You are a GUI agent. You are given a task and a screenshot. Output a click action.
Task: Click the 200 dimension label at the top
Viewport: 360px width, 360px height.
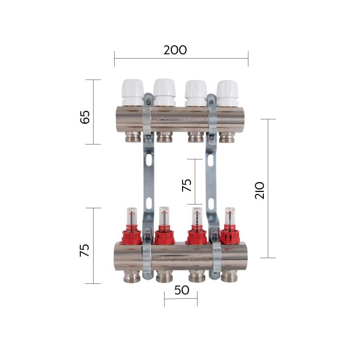[x=175, y=50]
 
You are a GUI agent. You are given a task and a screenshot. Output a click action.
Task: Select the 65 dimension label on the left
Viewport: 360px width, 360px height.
[x=85, y=116]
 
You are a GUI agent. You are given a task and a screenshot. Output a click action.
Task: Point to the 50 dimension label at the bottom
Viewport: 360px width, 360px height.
[x=182, y=290]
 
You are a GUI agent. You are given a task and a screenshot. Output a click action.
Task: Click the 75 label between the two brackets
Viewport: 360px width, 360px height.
[x=186, y=185]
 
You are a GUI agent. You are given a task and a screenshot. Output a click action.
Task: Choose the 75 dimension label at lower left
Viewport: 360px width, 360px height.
[x=85, y=250]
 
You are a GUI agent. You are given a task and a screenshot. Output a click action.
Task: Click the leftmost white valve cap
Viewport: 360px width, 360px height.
[x=133, y=91]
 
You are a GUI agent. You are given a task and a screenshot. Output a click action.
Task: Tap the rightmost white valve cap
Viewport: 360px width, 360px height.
[x=227, y=91]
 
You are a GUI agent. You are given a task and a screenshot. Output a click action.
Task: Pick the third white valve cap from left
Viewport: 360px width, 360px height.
[x=195, y=91]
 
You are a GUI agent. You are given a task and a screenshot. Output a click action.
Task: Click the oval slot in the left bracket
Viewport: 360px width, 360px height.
[x=149, y=160]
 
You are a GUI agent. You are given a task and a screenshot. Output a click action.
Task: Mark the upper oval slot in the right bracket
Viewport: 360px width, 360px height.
[x=210, y=160]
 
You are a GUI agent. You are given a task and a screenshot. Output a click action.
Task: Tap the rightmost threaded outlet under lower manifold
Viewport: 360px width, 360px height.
[x=229, y=277]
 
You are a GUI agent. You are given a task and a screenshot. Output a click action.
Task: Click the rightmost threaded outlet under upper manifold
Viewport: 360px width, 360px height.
[x=227, y=137]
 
